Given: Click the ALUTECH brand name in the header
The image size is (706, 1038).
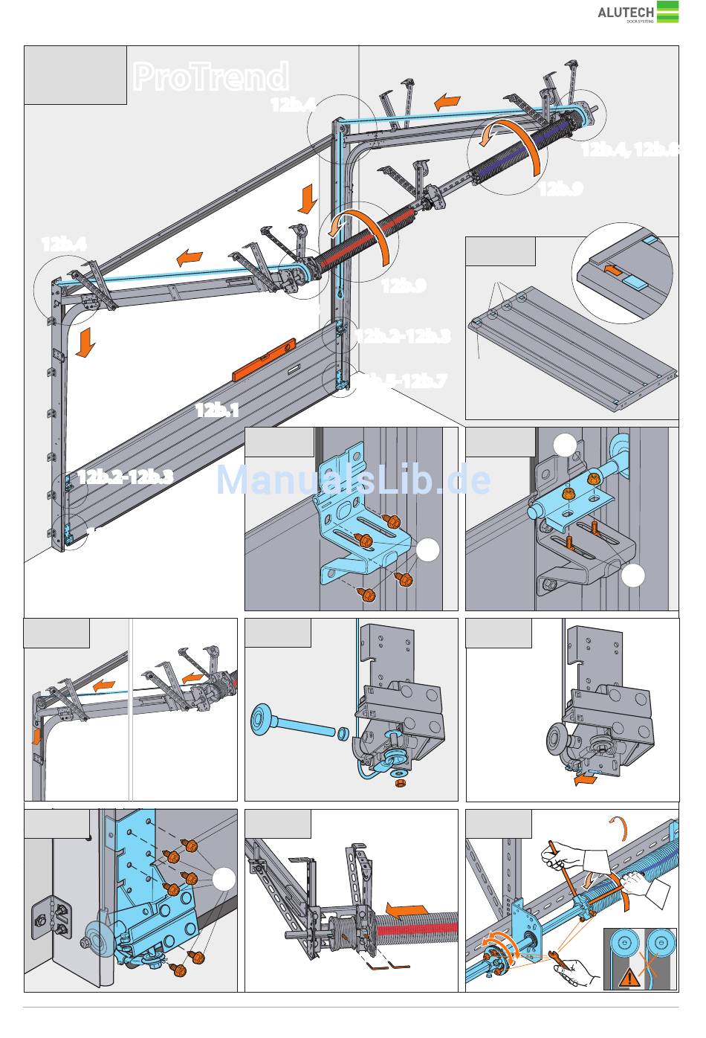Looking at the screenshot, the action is click(x=626, y=12).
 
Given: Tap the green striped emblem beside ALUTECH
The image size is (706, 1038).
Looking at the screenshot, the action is click(x=667, y=12).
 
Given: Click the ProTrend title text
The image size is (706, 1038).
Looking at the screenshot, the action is click(x=210, y=77).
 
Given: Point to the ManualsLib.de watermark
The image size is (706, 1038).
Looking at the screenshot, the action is click(x=353, y=480).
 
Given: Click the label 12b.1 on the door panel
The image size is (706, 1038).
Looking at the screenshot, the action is click(x=217, y=410).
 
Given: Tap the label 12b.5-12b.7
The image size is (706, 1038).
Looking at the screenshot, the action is click(x=405, y=381).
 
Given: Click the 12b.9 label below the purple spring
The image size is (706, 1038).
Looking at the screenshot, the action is click(x=560, y=189).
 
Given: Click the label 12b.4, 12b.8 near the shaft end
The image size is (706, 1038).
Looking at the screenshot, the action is click(x=629, y=149).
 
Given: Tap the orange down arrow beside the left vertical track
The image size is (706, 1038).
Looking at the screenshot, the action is click(x=86, y=343).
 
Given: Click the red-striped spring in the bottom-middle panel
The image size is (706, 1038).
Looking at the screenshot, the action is click(x=416, y=929).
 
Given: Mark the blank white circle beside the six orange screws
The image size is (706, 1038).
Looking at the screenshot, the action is click(x=224, y=879).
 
